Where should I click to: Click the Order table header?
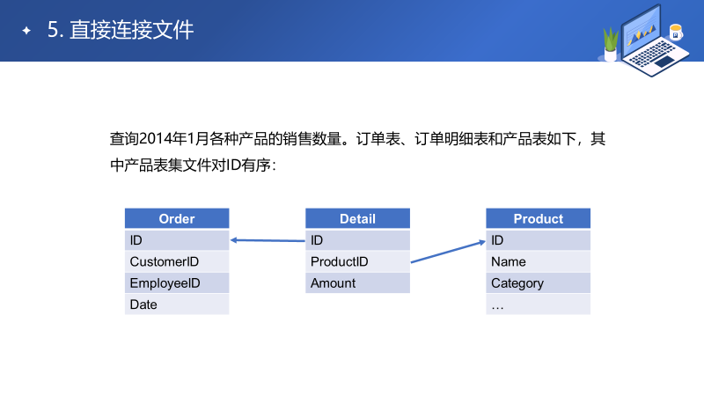pos(177,219)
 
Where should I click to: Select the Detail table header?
pos(357,219)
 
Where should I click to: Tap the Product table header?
pos(538,219)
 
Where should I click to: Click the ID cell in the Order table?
pos(177,240)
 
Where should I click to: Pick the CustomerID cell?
pos(177,261)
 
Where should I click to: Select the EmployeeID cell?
pos(177,283)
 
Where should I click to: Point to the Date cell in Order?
pos(177,304)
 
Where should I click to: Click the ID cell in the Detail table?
pos(357,240)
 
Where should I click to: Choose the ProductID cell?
pos(357,261)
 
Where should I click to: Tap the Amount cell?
pos(357,283)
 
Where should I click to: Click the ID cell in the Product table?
pos(538,240)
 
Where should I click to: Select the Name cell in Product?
pos(538,261)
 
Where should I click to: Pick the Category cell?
pos(538,283)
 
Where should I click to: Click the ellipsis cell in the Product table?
pos(538,304)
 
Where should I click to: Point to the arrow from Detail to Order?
pos(268,239)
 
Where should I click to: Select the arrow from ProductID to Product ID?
pos(448,251)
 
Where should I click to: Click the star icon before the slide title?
pos(26,31)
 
